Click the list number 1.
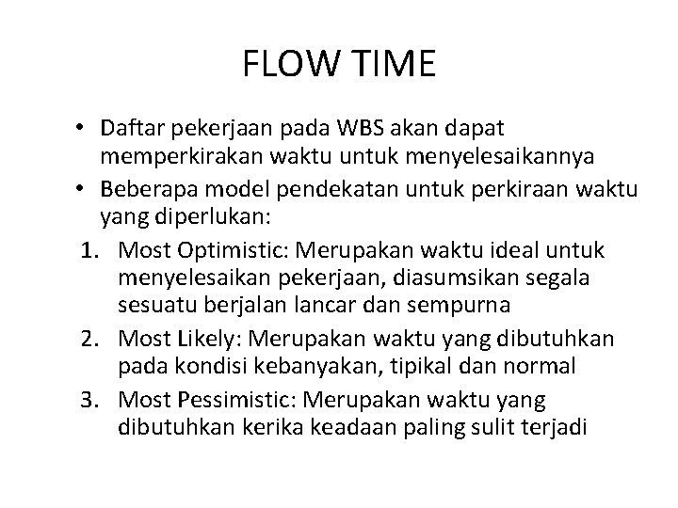tap(88, 252)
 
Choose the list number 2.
tap(88, 338)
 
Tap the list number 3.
tap(88, 400)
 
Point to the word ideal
tap(511, 252)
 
